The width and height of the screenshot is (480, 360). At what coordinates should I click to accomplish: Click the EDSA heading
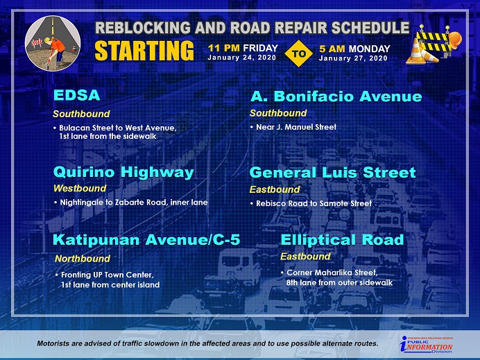tap(77, 95)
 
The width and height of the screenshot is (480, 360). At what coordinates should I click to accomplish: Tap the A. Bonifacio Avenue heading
tap(336, 96)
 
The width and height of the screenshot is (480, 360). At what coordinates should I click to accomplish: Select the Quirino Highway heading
tap(123, 172)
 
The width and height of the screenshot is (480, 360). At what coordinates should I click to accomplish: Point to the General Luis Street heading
tap(333, 173)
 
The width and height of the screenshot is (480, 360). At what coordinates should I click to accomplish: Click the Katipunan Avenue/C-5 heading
tap(146, 240)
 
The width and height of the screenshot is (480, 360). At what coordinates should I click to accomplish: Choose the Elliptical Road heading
tap(342, 240)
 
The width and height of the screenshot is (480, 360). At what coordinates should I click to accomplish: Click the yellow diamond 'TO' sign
tap(298, 53)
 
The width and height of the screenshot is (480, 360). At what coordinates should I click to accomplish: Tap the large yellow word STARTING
tap(144, 51)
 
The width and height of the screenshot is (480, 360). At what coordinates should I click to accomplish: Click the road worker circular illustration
tap(53, 43)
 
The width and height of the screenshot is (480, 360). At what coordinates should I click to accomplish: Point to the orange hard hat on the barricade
tap(454, 40)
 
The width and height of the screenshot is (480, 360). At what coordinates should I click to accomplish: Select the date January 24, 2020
tap(242, 58)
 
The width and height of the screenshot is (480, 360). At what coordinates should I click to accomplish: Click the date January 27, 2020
tap(353, 58)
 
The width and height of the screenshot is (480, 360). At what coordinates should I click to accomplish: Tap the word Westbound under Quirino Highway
tap(80, 188)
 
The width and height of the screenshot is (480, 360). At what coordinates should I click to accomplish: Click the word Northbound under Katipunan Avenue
tap(83, 259)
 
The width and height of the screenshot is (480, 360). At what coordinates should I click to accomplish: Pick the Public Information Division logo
tap(426, 344)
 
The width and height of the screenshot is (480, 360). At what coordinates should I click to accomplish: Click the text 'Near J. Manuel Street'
tap(296, 127)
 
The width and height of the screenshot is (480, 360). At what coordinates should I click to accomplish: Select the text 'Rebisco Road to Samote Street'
tap(314, 203)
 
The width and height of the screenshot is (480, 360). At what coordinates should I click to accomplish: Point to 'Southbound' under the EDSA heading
tap(81, 114)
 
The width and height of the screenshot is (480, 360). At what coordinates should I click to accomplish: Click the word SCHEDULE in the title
tap(370, 28)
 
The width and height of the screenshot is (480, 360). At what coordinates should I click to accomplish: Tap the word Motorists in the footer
tap(52, 343)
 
